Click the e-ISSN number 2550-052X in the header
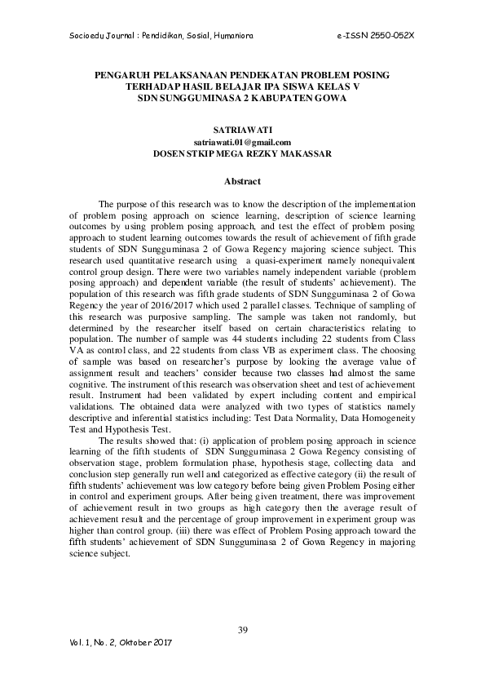click(x=386, y=37)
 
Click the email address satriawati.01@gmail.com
click(x=242, y=141)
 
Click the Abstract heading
click(x=242, y=180)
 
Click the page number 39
click(x=242, y=628)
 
